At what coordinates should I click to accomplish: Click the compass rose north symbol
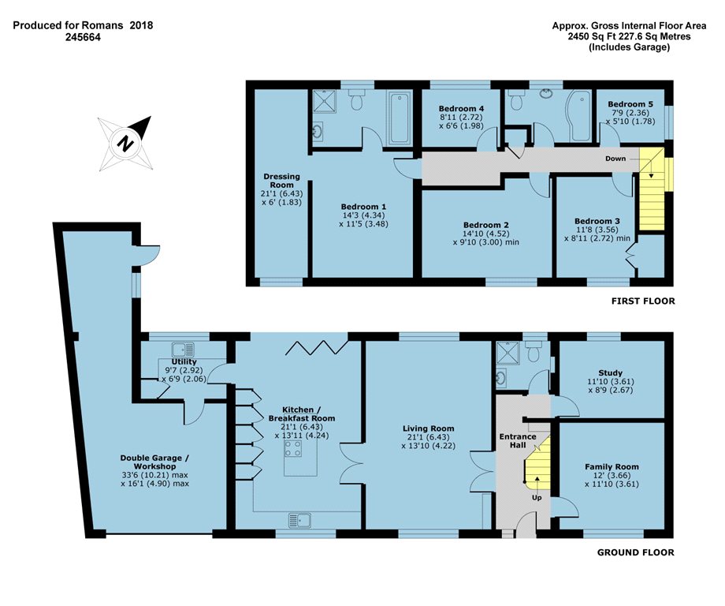pos(125,144)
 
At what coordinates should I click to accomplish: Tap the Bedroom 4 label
pos(461,109)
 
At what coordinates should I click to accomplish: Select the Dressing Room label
pos(281,181)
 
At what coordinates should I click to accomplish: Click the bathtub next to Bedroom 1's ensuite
pos(399,118)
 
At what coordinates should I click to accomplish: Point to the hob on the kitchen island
pos(293,448)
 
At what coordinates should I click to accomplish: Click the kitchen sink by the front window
pos(299,520)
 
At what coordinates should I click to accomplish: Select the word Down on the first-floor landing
pos(615,159)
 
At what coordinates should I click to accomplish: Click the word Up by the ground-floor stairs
pos(537,498)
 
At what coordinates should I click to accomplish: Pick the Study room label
pos(610,372)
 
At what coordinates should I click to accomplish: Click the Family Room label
pos(612,466)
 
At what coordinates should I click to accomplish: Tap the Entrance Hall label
pos(518,441)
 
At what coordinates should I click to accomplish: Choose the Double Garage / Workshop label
pos(154,462)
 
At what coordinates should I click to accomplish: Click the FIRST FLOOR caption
pos(643,301)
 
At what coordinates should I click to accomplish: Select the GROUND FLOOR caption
pos(636,552)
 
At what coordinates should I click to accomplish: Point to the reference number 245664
pos(83,38)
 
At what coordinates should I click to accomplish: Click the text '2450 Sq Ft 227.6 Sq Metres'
pos(630,36)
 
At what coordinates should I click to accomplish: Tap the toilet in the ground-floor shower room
pos(534,351)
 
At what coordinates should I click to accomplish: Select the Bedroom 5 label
pos(630,104)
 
